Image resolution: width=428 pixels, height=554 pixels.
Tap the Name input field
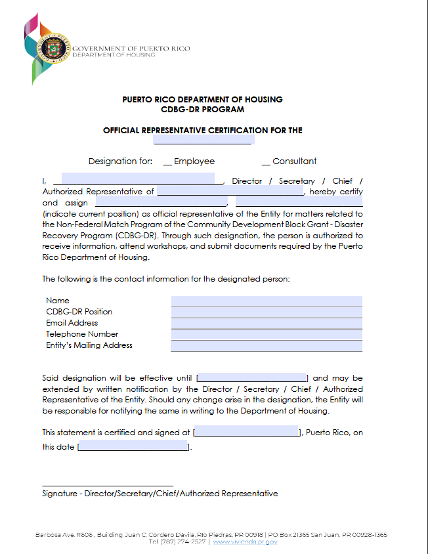(267, 301)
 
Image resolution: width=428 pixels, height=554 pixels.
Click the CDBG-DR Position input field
(267, 312)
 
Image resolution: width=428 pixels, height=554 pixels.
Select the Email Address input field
(267, 323)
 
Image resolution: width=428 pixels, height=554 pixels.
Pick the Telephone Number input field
(267, 334)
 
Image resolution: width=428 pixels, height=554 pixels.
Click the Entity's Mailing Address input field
(267, 345)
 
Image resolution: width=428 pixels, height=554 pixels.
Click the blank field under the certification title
(203, 140)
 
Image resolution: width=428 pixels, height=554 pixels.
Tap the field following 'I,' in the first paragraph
(134, 179)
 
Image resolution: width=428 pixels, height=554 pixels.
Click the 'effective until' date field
(252, 377)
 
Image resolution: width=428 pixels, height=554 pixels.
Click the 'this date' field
(133, 447)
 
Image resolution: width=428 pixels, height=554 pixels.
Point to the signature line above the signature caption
(108, 485)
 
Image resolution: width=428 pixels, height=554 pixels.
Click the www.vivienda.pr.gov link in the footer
(245, 542)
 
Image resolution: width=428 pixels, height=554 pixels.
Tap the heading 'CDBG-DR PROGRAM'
(202, 110)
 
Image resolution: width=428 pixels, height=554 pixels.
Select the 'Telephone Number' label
(82, 334)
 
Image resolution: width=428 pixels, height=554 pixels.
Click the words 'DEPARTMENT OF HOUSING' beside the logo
(114, 55)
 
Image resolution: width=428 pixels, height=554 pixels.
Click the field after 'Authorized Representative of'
(230, 192)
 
